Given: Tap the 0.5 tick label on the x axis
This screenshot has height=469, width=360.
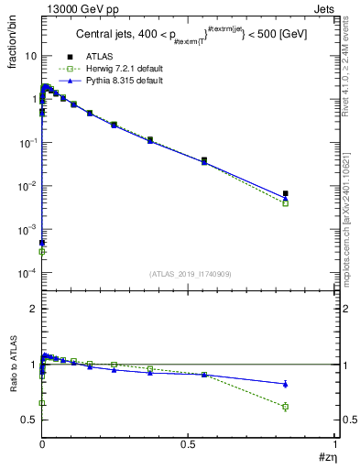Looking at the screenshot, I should tap(189, 444).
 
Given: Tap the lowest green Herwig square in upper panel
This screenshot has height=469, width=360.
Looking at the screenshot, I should tap(42, 251).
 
